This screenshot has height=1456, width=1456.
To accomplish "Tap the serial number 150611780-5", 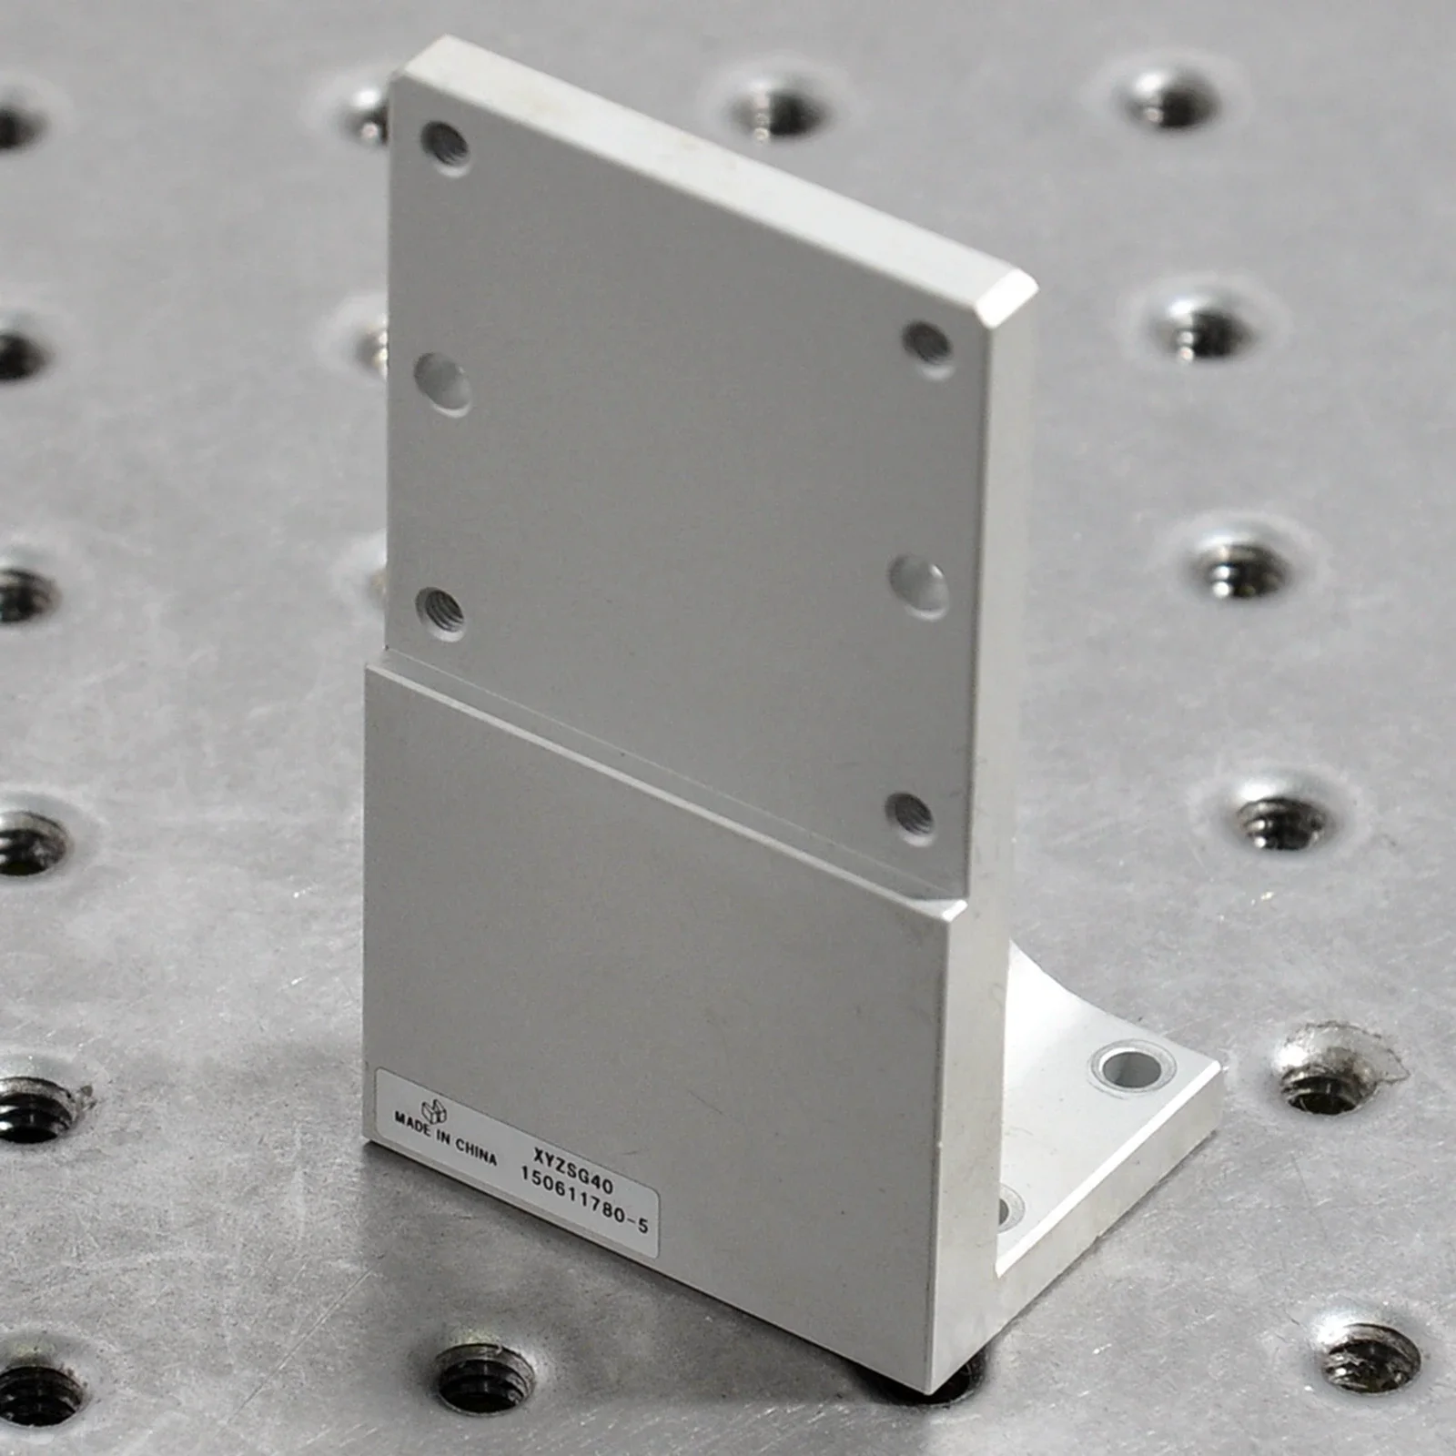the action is tap(584, 1198).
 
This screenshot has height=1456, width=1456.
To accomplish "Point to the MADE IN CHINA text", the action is tap(445, 1137).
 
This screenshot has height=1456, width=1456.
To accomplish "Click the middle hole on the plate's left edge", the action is tap(443, 383).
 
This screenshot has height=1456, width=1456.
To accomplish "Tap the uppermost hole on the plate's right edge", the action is tap(928, 345).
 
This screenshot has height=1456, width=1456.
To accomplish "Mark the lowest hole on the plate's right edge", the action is tap(909, 815).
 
